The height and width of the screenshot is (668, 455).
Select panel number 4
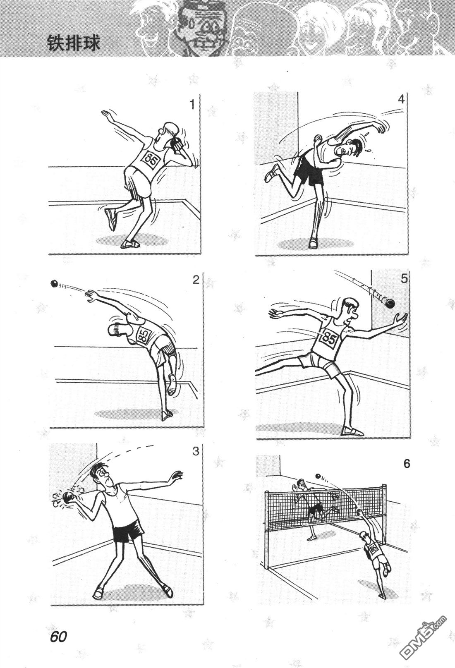pyautogui.click(x=401, y=99)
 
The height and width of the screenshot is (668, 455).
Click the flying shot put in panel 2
pyautogui.click(x=54, y=283)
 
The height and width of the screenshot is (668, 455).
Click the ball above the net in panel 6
pyautogui.click(x=318, y=476)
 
